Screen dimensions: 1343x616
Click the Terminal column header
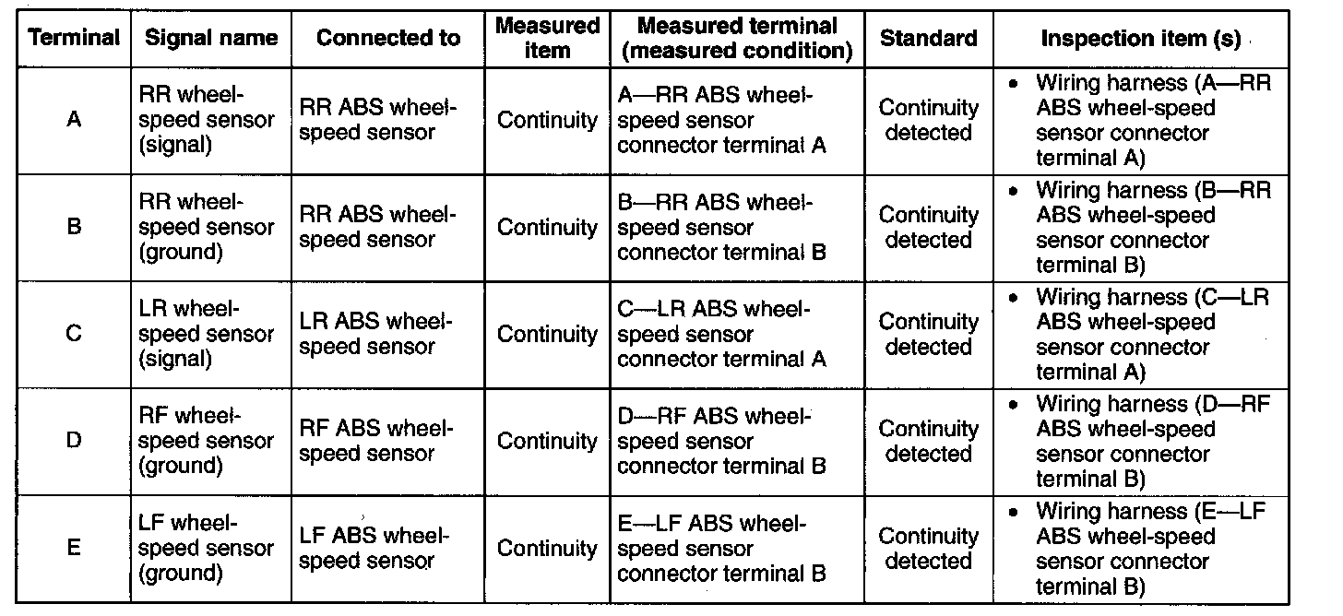tap(74, 38)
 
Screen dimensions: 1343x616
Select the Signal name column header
tap(211, 38)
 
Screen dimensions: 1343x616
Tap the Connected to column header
tap(387, 38)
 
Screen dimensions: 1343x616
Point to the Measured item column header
tap(548, 38)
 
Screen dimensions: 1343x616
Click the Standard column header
tap(928, 38)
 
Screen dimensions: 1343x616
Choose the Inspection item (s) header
tap(1140, 39)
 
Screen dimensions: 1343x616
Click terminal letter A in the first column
tap(74, 120)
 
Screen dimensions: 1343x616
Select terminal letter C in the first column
tap(74, 334)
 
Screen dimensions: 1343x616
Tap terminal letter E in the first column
tap(74, 548)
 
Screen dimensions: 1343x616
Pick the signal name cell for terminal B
tap(207, 227)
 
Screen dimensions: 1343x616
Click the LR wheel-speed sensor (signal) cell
tap(207, 334)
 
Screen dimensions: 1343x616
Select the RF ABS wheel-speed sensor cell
tap(377, 441)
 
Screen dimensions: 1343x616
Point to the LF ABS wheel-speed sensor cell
tap(374, 548)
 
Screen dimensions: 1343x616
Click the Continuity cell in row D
tap(548, 441)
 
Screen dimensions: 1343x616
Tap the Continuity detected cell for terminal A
tap(928, 120)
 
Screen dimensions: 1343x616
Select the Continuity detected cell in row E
tap(928, 548)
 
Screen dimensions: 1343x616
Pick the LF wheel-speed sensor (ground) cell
tap(207, 548)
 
